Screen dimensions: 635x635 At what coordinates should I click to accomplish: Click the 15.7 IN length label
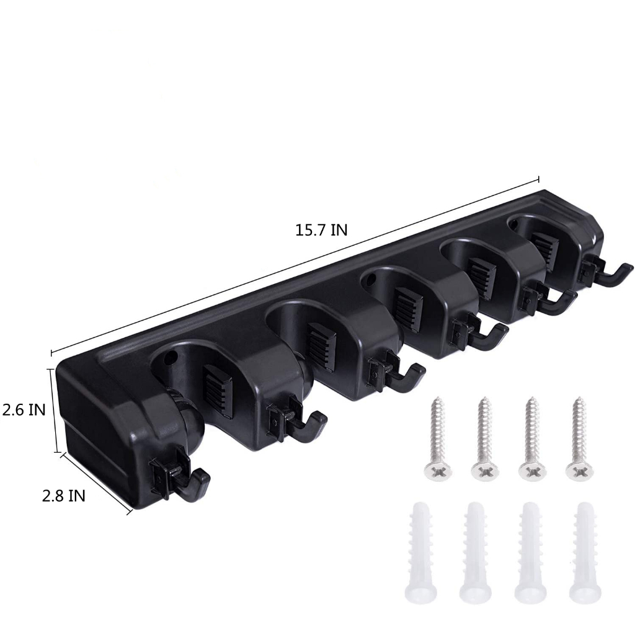point(321,231)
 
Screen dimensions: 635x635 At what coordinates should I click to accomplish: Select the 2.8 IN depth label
point(64,495)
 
